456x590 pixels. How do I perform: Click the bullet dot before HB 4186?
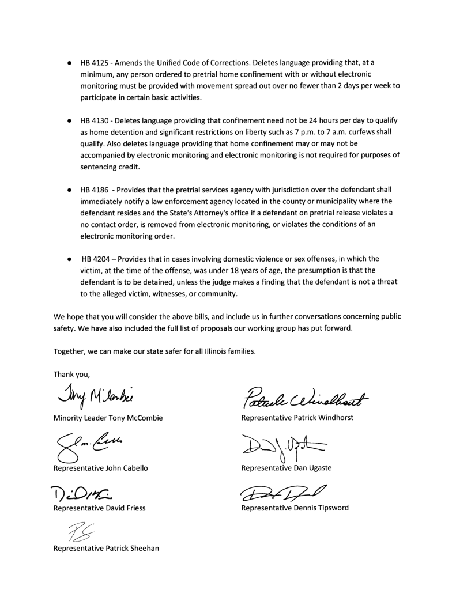coord(69,190)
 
